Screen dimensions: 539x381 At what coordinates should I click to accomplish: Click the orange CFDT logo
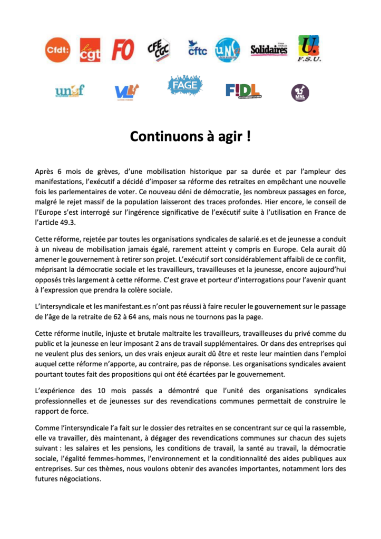[x=57, y=50]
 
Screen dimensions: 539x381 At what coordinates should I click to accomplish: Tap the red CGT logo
[x=90, y=50]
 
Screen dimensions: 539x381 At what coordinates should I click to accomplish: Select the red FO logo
[x=123, y=50]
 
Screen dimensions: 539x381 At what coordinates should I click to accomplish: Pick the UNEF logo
[x=70, y=91]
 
